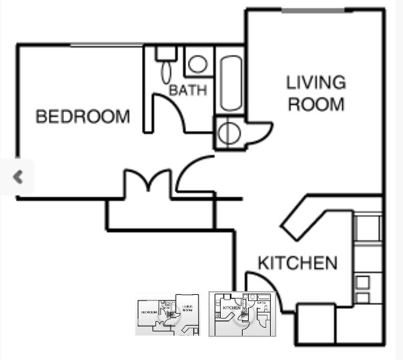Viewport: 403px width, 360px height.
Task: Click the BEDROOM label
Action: [x=83, y=116]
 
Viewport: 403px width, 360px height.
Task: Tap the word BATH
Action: [x=188, y=90]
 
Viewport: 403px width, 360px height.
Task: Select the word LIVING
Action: [x=316, y=82]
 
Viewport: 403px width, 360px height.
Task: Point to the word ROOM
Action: [x=316, y=103]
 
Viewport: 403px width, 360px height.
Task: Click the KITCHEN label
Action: [x=298, y=263]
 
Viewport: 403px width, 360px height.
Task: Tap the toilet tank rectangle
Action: [x=166, y=53]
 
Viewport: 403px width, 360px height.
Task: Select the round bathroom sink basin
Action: [x=198, y=63]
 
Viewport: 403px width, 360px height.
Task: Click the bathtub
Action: [x=231, y=83]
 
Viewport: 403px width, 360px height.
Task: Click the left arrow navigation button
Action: [x=18, y=177]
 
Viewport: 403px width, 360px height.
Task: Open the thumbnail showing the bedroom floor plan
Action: [x=167, y=315]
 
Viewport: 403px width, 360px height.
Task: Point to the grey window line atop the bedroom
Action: [x=105, y=45]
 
